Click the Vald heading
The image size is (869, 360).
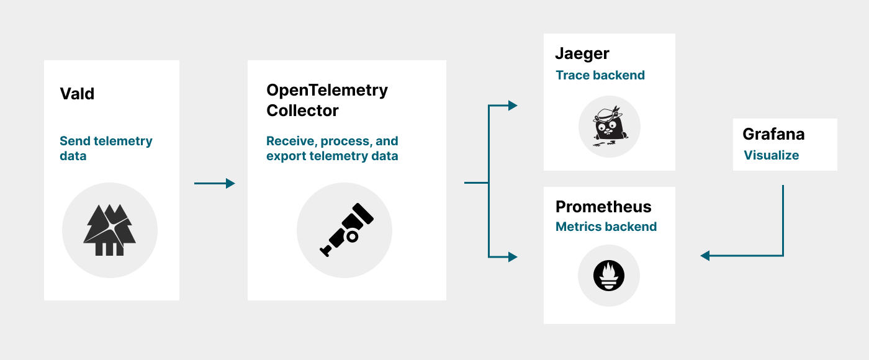pos(77,94)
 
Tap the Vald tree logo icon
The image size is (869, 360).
pos(110,230)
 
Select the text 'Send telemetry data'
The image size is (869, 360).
pos(106,148)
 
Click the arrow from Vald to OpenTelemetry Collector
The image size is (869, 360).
pos(215,183)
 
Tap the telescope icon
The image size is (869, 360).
pos(345,230)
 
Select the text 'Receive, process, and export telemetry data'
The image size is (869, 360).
pos(332,148)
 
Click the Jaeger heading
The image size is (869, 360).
pos(582,53)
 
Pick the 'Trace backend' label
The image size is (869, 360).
pos(600,75)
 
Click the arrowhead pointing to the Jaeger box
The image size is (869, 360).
pos(513,106)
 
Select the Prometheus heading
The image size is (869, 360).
pos(603,207)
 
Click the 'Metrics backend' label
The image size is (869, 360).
pos(606,227)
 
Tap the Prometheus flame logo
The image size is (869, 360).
pos(608,276)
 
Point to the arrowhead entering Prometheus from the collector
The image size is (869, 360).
pos(513,256)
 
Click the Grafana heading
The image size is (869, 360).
pos(773,133)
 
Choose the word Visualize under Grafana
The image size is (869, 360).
pos(772,155)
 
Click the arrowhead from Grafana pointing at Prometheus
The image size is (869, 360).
pos(705,255)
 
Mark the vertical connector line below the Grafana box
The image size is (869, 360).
pos(783,217)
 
